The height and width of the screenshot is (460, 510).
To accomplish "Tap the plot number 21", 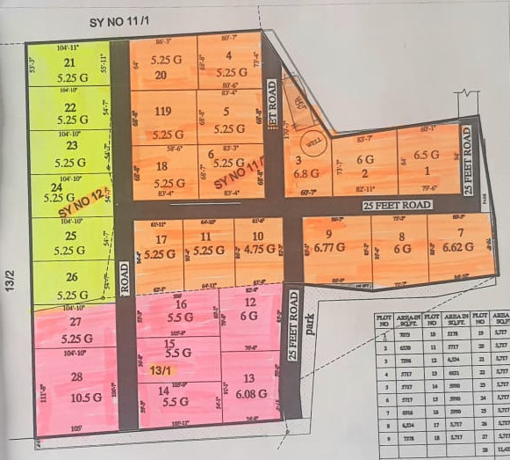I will [71, 63].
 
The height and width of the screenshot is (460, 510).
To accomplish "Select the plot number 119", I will [162, 112].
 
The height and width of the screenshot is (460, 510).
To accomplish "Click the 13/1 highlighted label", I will [161, 371].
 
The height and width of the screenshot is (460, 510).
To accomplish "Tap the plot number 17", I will [161, 239].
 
